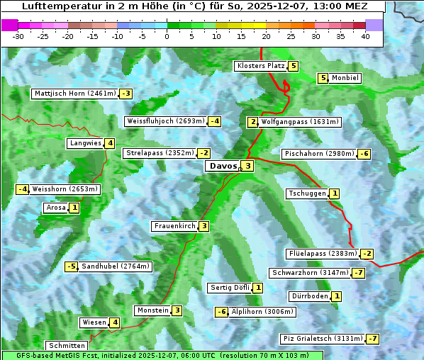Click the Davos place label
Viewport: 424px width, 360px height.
(222, 166)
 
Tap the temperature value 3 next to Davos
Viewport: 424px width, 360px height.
(247, 166)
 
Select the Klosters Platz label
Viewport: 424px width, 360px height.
(260, 66)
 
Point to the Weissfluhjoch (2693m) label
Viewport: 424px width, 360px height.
(165, 121)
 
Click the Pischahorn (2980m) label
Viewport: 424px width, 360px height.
(318, 154)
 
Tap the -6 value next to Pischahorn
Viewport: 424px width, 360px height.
(364, 154)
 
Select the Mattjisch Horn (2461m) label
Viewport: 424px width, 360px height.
(74, 93)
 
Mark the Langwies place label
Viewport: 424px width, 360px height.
(84, 143)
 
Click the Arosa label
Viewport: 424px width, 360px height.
(55, 208)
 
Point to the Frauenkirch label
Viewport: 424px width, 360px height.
(174, 226)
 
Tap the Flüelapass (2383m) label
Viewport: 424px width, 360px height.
(322, 254)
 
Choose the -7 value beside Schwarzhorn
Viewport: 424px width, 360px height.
(359, 273)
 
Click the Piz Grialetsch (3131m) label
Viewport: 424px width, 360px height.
(322, 338)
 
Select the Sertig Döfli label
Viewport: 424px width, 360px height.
(230, 288)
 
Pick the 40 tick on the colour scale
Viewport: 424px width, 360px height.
(365, 37)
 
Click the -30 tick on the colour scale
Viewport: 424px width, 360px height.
(18, 37)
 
